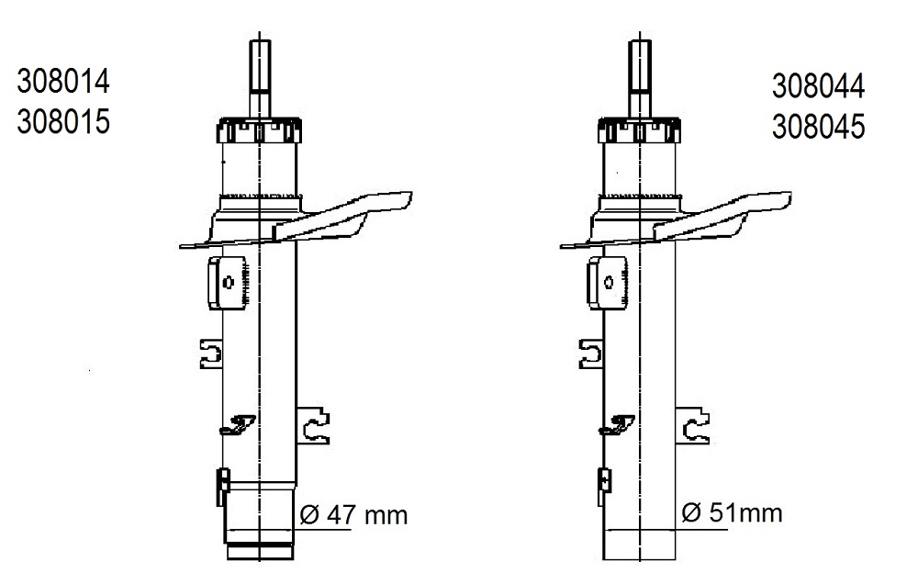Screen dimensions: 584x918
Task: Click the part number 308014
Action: (x=63, y=82)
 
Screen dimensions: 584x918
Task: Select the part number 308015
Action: (x=63, y=121)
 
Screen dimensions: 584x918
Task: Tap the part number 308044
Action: (x=819, y=86)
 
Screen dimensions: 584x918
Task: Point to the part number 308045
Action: (x=819, y=126)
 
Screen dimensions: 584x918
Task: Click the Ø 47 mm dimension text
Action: (x=353, y=515)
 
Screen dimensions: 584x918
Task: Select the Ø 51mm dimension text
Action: (x=733, y=513)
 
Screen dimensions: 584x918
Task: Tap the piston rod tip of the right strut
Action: (x=639, y=46)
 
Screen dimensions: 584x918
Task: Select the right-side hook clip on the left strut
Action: (x=316, y=425)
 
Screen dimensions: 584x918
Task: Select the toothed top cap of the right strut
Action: (x=639, y=129)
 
